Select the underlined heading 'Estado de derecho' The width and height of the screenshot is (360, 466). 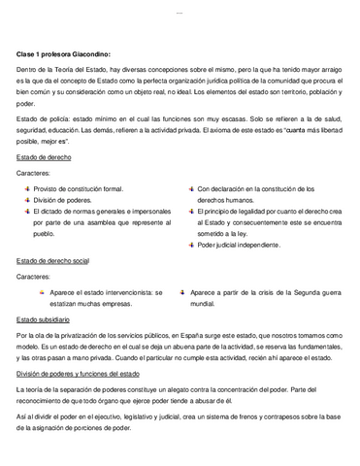pos(46,155)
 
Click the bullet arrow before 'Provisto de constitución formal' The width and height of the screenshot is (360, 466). pos(24,189)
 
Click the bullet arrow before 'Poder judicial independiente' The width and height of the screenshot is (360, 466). pos(188,245)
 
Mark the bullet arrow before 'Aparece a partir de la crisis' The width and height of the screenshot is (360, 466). pos(181,291)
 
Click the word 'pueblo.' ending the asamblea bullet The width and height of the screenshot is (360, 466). pos(47,234)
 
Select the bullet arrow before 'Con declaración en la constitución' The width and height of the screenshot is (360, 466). pos(188,189)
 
